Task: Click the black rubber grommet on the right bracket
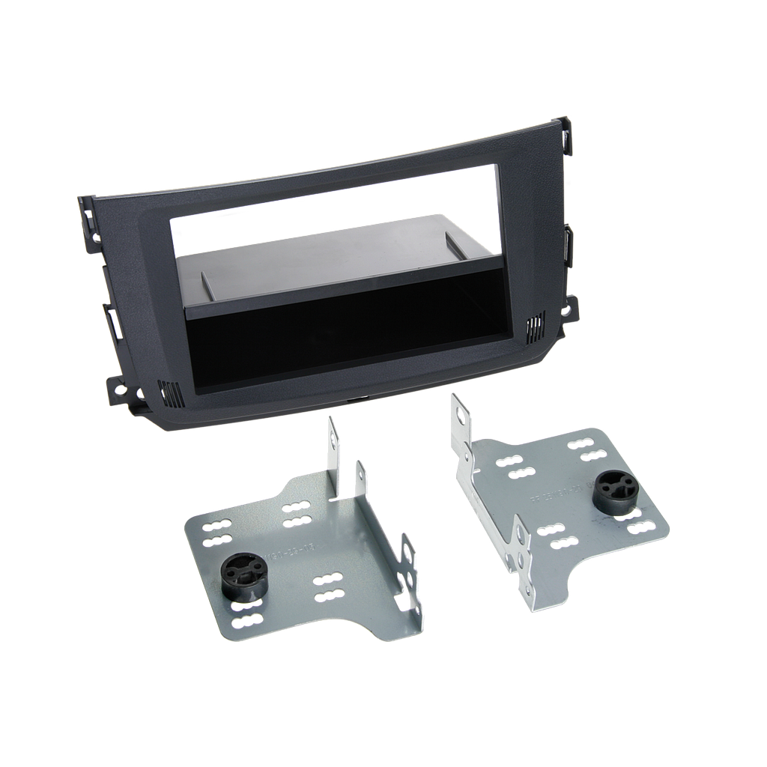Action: point(613,493)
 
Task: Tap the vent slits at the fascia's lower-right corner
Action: point(534,327)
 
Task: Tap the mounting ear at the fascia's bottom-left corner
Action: point(120,386)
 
